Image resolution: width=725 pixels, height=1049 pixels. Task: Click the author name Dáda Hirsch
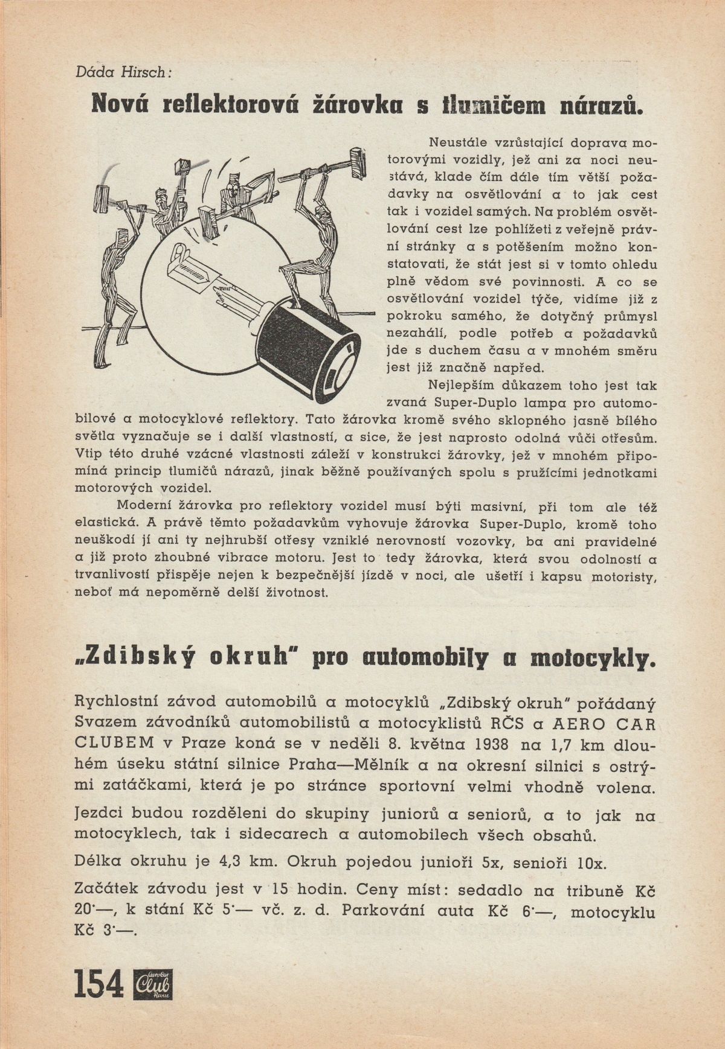click(124, 72)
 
